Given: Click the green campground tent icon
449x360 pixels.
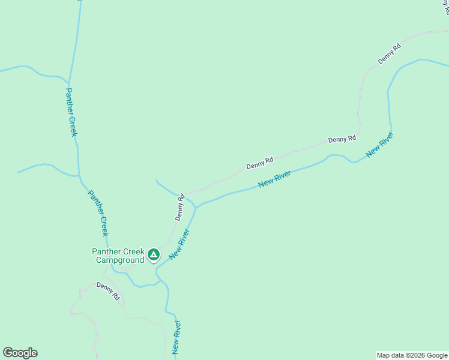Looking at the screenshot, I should point(154,255).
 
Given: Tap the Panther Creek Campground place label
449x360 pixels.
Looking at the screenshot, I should point(118,256).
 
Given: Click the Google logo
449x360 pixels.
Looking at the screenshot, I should point(20,353).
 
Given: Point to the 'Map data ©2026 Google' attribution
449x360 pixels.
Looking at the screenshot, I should point(412,355).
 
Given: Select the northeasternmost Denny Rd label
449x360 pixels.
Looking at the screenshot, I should point(389,54).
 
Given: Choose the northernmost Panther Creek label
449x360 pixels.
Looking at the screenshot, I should point(71,112).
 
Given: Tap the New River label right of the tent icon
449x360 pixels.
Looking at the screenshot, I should point(179,244).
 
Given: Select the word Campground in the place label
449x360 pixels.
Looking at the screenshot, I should point(120,260).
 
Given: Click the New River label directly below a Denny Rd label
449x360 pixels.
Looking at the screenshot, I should point(274,179).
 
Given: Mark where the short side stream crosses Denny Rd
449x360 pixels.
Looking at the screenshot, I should point(184,196).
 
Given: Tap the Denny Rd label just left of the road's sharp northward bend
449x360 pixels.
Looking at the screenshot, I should point(342,139).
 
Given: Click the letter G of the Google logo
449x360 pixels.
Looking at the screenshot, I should point(8,353).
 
